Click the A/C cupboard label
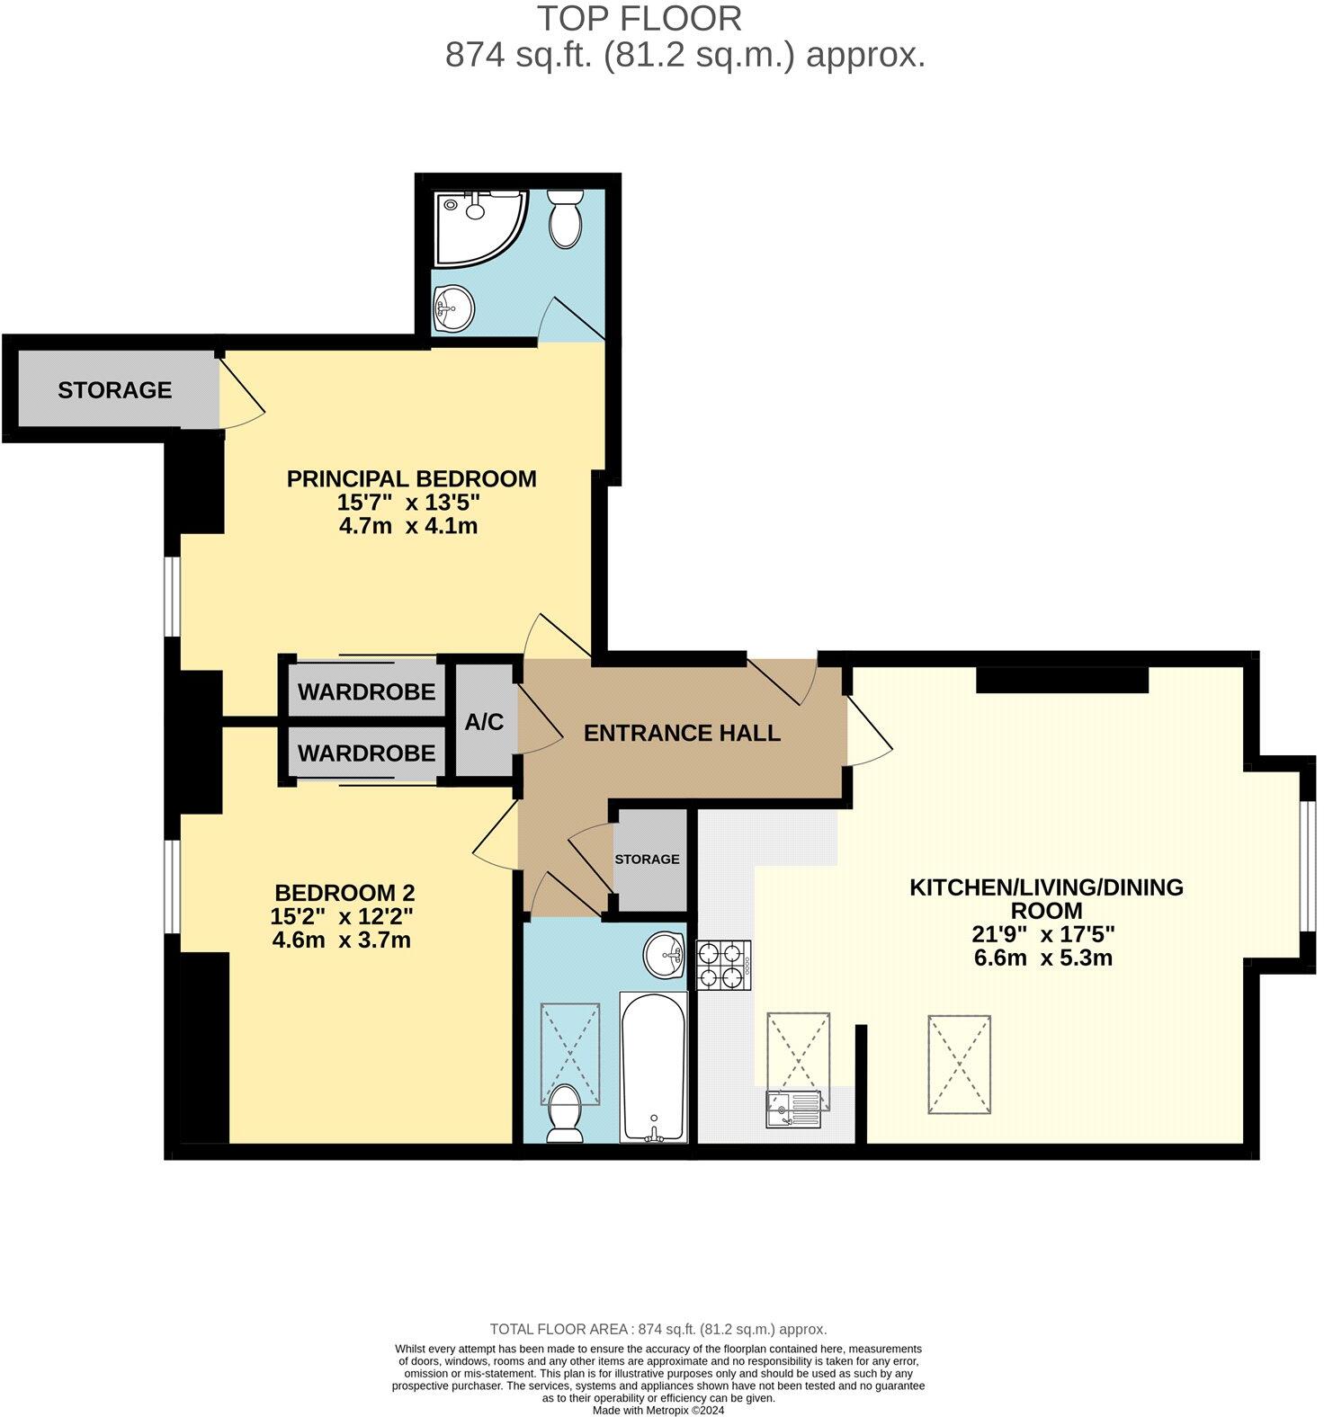tap(484, 722)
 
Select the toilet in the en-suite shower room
tap(567, 218)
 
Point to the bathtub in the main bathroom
tap(654, 1067)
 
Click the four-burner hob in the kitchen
tap(723, 965)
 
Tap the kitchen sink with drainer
tap(793, 1109)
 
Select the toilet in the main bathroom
tap(565, 1112)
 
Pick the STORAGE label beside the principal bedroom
tap(114, 389)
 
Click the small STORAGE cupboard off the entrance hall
tap(647, 859)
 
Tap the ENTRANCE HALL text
tap(682, 733)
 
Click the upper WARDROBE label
tap(366, 692)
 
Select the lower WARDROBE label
tap(366, 753)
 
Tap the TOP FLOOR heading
tap(640, 18)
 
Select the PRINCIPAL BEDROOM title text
tap(411, 478)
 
